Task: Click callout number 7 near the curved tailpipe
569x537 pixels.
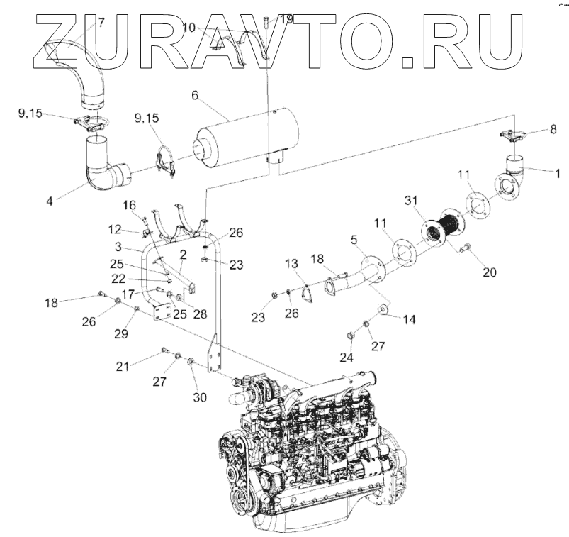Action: pyautogui.click(x=101, y=22)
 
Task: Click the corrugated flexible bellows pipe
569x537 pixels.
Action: pyautogui.click(x=445, y=226)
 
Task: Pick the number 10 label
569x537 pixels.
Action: pyautogui.click(x=189, y=28)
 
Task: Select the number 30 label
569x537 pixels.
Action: pyautogui.click(x=201, y=397)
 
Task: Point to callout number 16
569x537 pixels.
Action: pyautogui.click(x=130, y=205)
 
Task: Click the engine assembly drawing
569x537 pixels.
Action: pyautogui.click(x=312, y=454)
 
